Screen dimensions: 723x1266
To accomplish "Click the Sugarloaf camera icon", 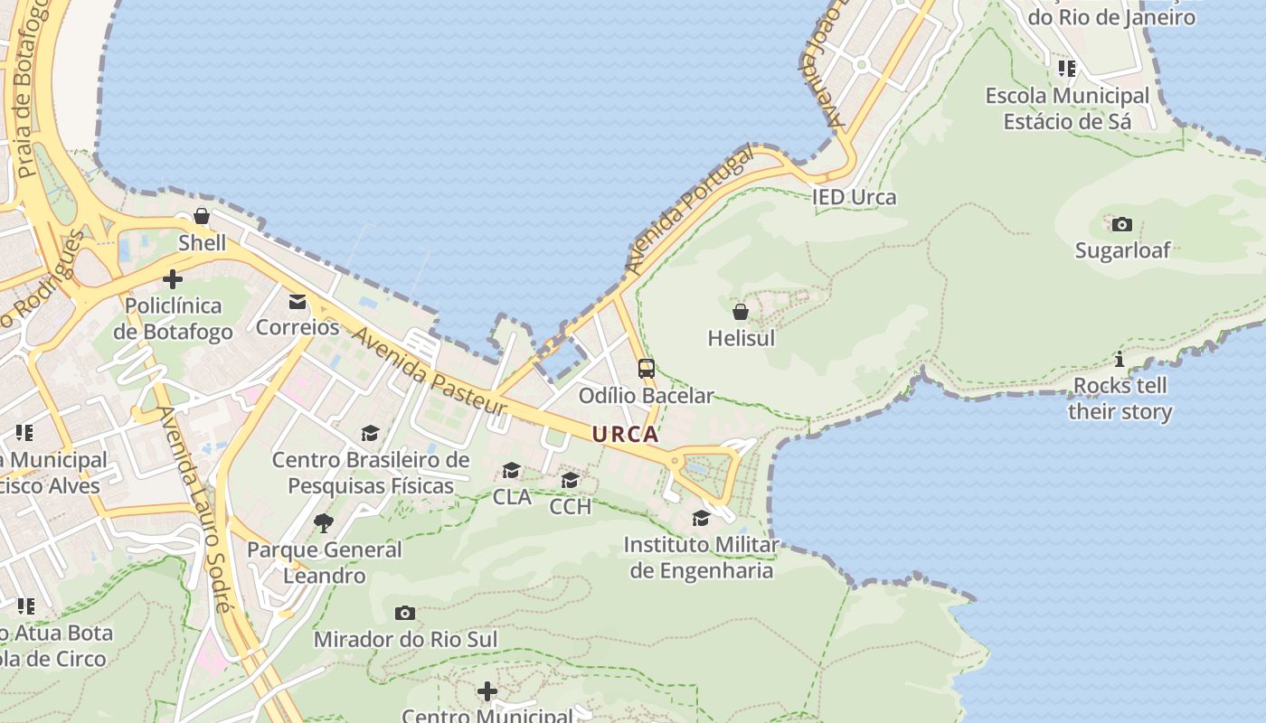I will click(1121, 224).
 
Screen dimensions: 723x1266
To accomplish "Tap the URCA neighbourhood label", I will click(625, 435).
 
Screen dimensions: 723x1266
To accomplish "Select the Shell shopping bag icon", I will click(202, 216).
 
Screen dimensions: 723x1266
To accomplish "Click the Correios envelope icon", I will click(298, 301).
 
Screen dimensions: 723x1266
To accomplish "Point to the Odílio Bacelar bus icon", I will click(646, 369).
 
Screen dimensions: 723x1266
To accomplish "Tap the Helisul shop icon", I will click(741, 313).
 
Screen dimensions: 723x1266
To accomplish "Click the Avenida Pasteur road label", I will click(429, 371).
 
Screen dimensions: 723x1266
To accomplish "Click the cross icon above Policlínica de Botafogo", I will click(173, 279).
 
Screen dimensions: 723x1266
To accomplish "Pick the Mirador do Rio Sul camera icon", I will click(405, 614).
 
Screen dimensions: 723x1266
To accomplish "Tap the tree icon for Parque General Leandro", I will click(323, 522).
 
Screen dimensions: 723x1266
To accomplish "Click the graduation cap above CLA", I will click(512, 471).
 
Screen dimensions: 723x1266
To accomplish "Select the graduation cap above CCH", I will click(571, 480).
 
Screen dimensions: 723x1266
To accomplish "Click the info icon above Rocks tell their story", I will click(1120, 360).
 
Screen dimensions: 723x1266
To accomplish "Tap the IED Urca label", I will click(854, 197).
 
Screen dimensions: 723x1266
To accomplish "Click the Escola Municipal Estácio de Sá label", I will click(1067, 108).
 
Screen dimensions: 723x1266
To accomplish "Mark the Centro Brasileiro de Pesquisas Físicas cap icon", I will click(370, 434).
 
